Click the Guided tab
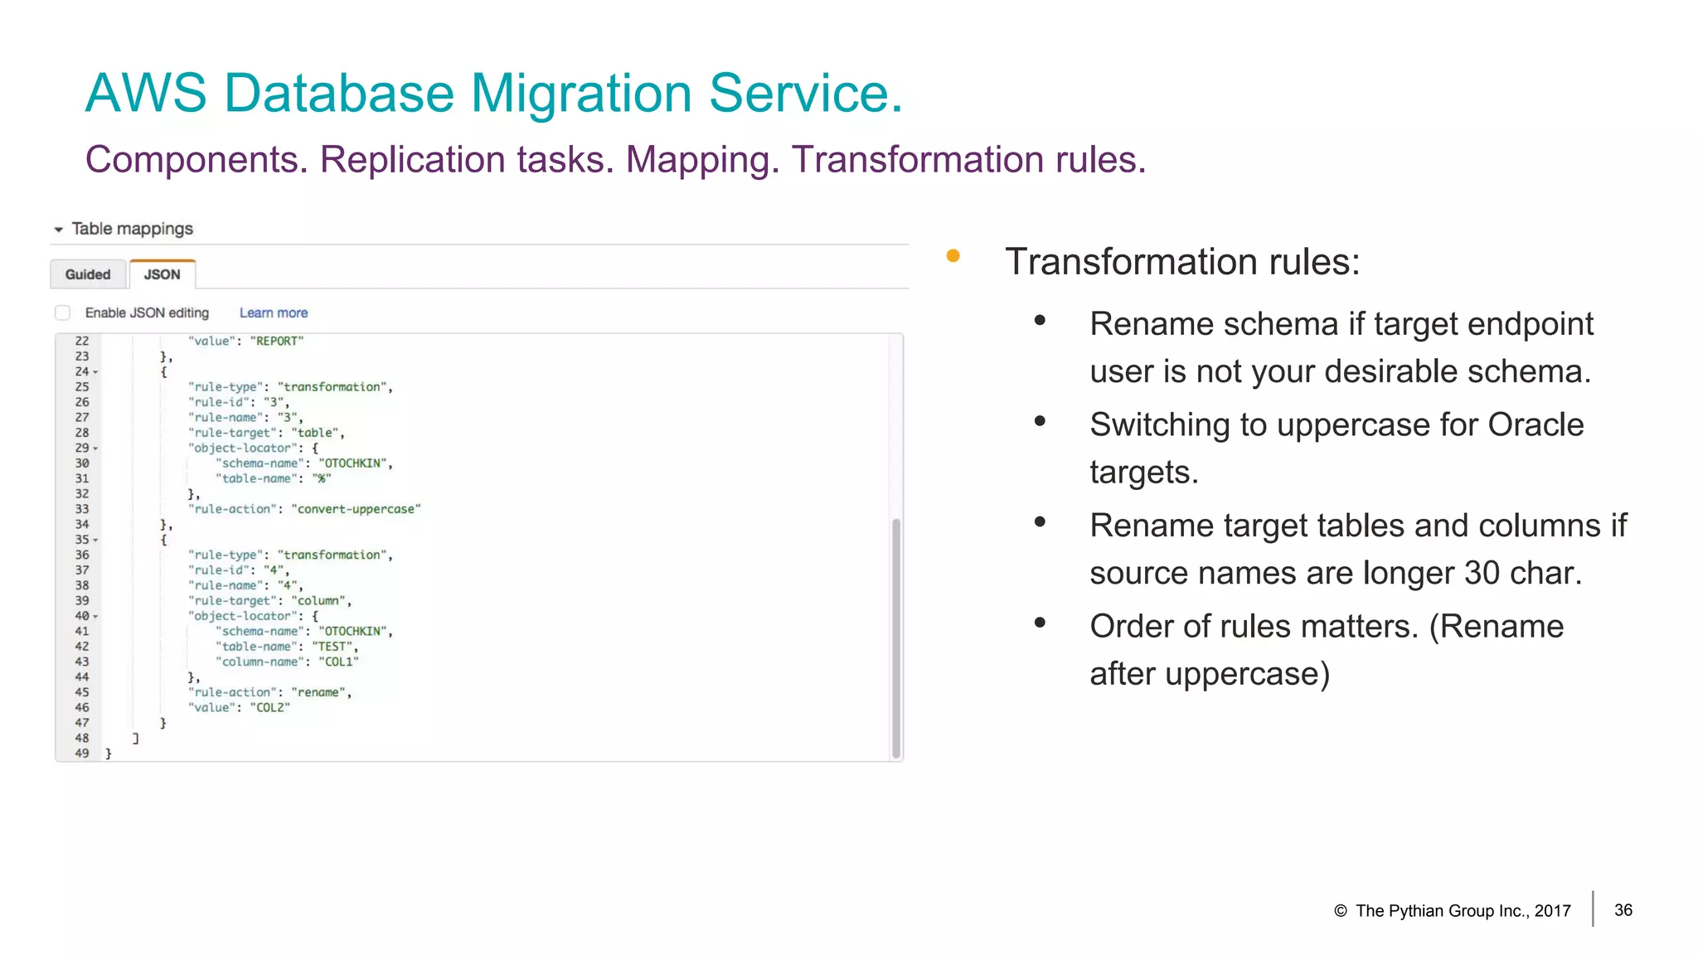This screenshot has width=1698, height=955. click(x=88, y=274)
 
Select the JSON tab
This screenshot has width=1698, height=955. click(x=162, y=274)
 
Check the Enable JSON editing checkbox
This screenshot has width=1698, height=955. click(x=62, y=313)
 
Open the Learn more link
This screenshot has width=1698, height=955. click(x=274, y=313)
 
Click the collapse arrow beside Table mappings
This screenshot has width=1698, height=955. click(x=59, y=230)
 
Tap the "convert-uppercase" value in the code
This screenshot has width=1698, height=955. click(x=356, y=509)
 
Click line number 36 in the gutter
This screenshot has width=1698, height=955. click(x=82, y=555)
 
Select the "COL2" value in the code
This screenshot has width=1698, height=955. click(x=269, y=707)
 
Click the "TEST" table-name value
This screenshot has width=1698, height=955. click(x=332, y=647)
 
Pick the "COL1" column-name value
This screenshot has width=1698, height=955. click(x=338, y=662)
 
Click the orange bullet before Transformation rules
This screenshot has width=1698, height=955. click(x=953, y=256)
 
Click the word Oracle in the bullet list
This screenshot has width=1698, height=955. click(x=1535, y=424)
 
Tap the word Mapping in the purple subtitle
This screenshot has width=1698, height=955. click(x=701, y=159)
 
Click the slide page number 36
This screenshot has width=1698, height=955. click(x=1623, y=910)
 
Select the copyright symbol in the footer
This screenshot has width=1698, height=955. click(x=1340, y=911)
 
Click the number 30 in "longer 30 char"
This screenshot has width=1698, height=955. click(x=1482, y=573)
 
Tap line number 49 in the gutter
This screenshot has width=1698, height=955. click(x=82, y=753)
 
